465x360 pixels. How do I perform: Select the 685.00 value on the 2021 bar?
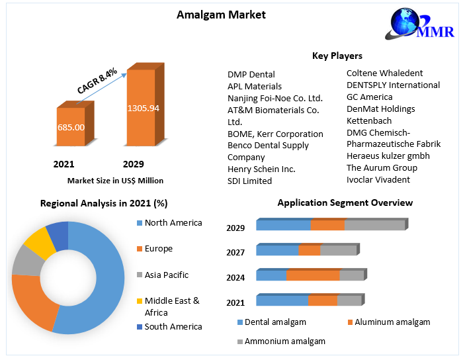pyautogui.click(x=71, y=126)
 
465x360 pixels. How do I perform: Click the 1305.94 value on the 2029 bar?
pyautogui.click(x=144, y=108)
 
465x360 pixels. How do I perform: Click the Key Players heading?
pyautogui.click(x=337, y=56)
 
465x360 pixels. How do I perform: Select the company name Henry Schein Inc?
pyautogui.click(x=261, y=169)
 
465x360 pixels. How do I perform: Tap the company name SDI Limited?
pyautogui.click(x=249, y=181)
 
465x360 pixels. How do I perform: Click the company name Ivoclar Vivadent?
pyautogui.click(x=378, y=179)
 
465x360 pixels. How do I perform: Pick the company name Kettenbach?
pyautogui.click(x=369, y=120)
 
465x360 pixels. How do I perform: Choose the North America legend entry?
pyautogui.click(x=173, y=222)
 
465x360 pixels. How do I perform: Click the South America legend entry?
pyautogui.click(x=173, y=326)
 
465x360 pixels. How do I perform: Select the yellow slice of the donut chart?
pyautogui.click(x=39, y=242)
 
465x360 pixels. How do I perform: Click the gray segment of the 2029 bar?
pyautogui.click(x=374, y=225)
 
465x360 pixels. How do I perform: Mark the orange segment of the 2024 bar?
pyautogui.click(x=313, y=275)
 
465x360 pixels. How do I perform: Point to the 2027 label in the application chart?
pyautogui.click(x=235, y=252)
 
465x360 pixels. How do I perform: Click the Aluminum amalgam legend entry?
pyautogui.click(x=392, y=322)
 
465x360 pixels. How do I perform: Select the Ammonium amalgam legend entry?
pyautogui.click(x=284, y=341)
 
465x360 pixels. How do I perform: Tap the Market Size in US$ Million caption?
pyautogui.click(x=115, y=180)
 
